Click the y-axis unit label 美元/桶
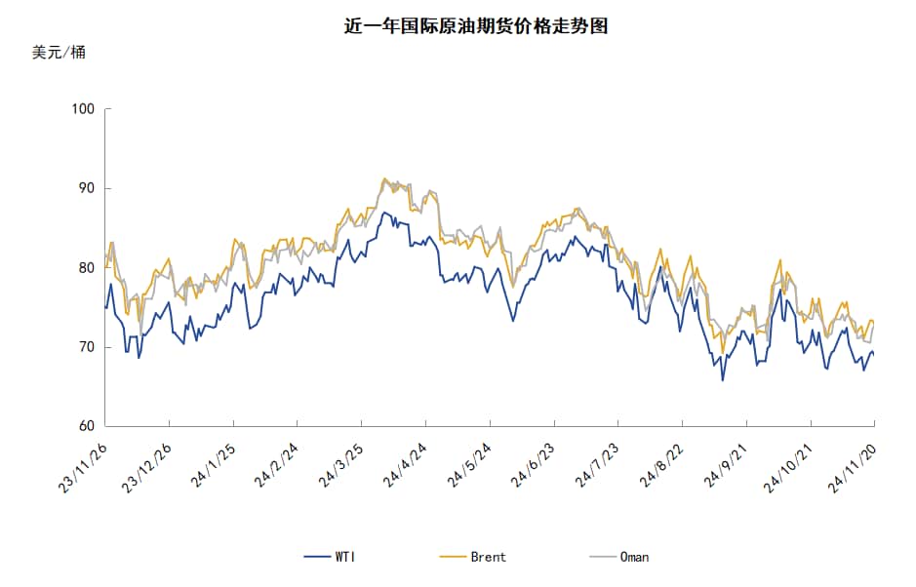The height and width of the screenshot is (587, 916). pos(59,53)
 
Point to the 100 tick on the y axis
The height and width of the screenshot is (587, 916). pos(84,109)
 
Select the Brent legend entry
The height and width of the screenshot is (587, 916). pos(474,557)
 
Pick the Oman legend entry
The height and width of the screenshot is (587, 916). pos(619,557)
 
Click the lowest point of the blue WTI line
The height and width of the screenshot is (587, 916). pos(723,379)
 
